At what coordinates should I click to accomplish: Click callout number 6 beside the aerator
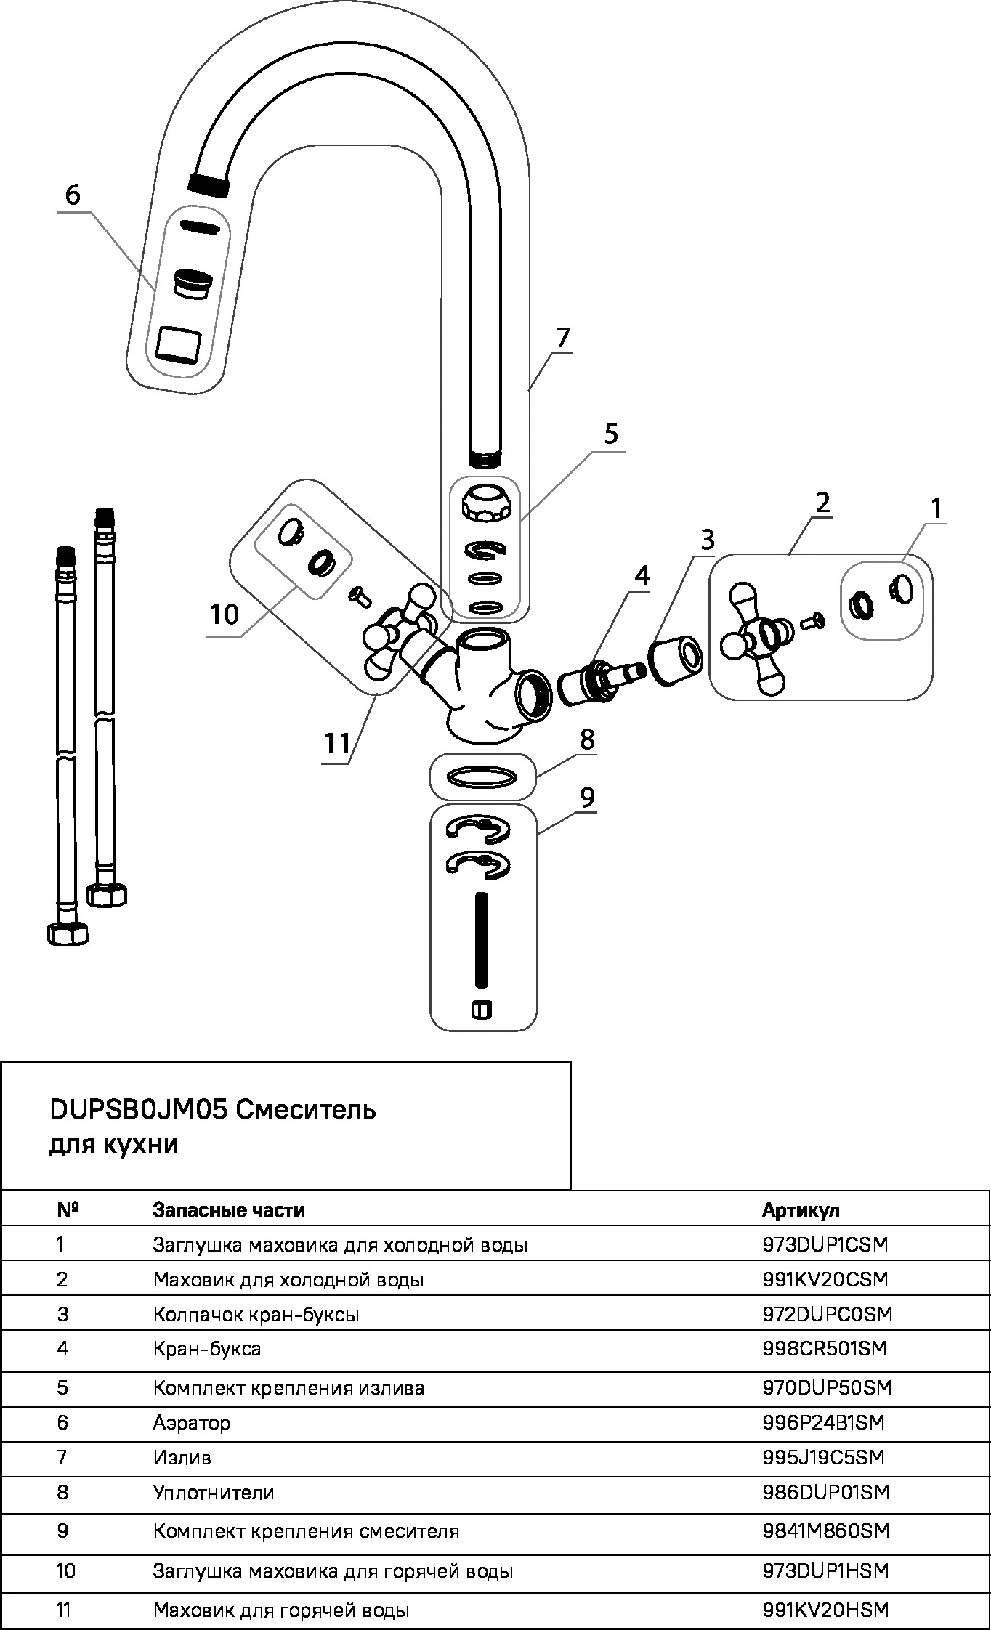coord(72,195)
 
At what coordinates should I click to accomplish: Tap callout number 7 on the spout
coord(563,338)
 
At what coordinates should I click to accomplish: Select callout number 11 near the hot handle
coord(337,743)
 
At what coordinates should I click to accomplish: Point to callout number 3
coord(707,539)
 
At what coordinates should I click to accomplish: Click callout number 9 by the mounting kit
coord(587,797)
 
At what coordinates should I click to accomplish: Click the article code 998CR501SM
coord(825,1348)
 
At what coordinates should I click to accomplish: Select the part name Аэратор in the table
coord(191,1422)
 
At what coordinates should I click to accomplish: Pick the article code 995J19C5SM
coord(823,1458)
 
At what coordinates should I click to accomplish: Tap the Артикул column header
coord(801,1209)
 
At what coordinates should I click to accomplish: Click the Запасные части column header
coord(229,1209)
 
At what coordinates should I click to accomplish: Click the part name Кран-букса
coord(207,1348)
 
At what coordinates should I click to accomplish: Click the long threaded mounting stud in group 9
coord(481,940)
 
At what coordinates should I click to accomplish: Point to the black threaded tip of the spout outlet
coord(209,183)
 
